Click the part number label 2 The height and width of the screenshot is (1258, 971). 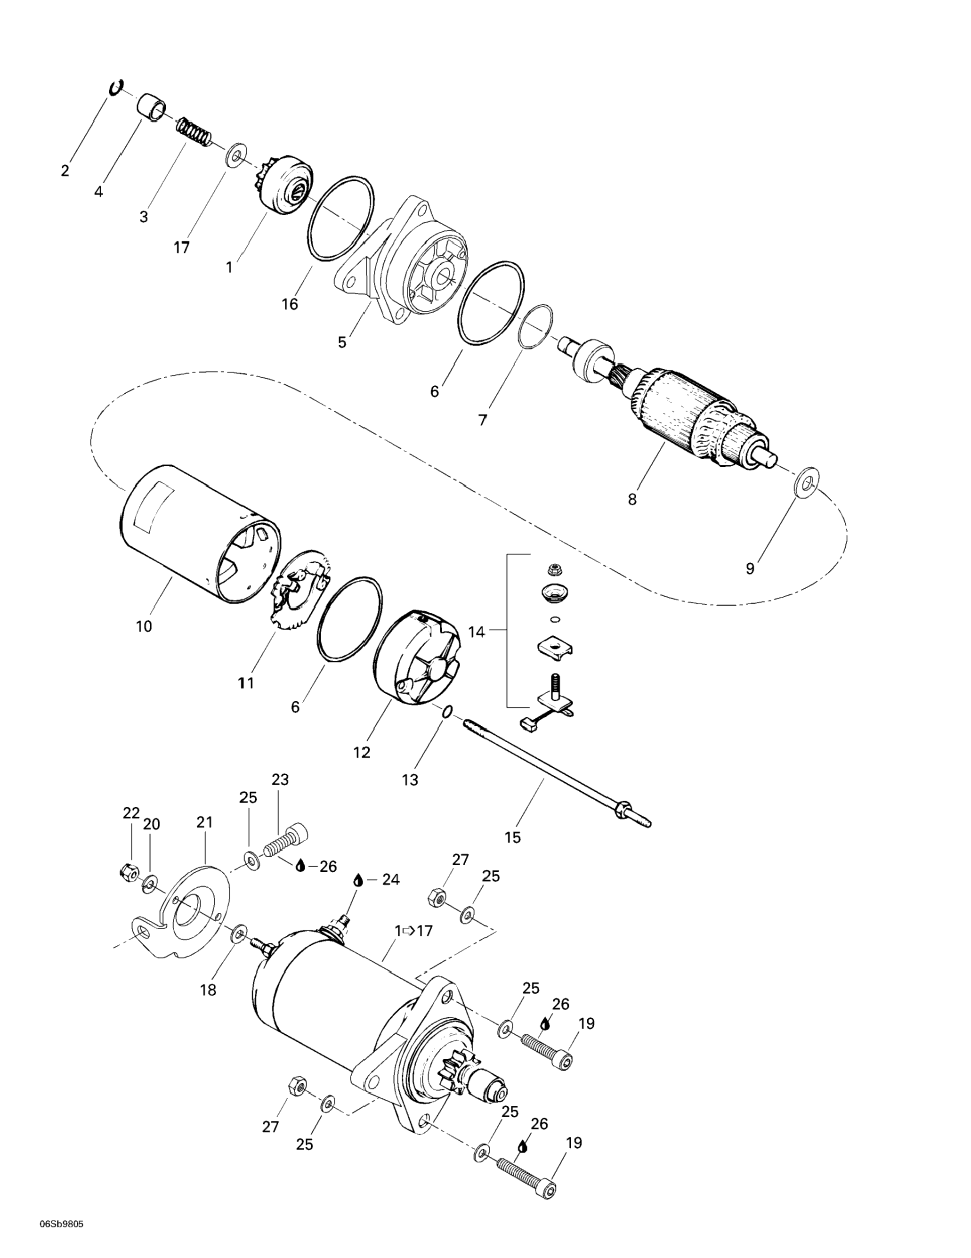pos(65,170)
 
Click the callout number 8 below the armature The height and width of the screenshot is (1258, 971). pos(632,499)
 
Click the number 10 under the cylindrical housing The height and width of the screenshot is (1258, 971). pos(144,626)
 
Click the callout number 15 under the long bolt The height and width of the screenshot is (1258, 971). pos(512,837)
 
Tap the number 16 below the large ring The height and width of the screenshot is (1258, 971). pos(290,304)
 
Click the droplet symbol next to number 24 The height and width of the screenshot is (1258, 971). pos(357,897)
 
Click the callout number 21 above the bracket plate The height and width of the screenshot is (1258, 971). pos(204,822)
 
